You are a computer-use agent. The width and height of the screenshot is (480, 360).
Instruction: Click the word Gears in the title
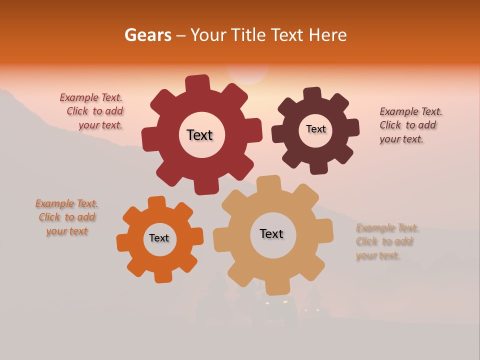point(147,35)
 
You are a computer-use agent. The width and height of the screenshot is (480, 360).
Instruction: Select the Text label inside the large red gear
point(199,135)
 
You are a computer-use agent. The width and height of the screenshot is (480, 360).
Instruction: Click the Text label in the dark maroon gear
point(315,129)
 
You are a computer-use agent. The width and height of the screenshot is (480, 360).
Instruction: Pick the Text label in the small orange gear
point(159,238)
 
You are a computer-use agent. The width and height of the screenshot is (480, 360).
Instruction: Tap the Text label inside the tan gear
point(271,233)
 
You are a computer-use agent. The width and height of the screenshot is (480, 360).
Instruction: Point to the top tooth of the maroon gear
point(312,94)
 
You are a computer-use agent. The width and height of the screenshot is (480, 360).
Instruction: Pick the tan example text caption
point(386,241)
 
